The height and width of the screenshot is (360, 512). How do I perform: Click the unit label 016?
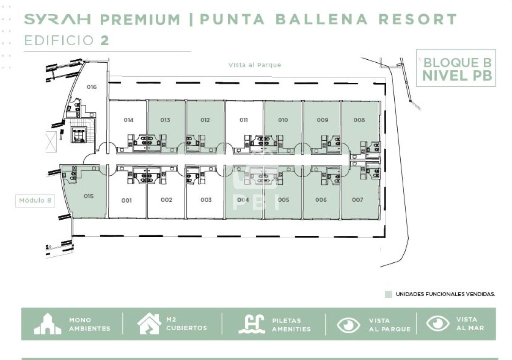[x=92, y=87]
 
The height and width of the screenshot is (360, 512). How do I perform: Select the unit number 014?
[x=128, y=120]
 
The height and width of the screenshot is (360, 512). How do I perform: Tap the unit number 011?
[x=244, y=120]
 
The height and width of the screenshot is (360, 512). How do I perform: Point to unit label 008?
[x=359, y=120]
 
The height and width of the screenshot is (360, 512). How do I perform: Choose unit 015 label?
[x=89, y=196]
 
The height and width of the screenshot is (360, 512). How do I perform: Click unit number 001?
[x=126, y=200]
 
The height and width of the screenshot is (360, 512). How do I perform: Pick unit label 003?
[x=206, y=200]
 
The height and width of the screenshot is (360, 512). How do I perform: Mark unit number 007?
[x=358, y=200]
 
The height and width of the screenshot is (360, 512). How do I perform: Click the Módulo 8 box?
[x=35, y=201]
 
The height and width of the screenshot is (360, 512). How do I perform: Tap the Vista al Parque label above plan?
[x=255, y=65]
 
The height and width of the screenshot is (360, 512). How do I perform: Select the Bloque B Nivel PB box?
[x=456, y=68]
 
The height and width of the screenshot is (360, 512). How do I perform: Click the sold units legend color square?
[x=388, y=294]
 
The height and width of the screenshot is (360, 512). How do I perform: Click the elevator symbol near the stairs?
[x=79, y=135]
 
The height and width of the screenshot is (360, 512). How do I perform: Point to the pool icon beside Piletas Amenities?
[x=252, y=324]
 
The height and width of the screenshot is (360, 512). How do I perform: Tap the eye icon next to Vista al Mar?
[x=438, y=323]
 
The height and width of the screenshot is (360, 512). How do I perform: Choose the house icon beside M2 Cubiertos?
[x=149, y=324]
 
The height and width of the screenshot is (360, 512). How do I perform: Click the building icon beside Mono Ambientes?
[x=48, y=324]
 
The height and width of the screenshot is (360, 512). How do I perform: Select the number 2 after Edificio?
[x=105, y=41]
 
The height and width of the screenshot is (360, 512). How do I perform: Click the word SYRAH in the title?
[x=58, y=19]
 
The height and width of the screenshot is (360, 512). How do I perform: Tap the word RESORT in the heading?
[x=418, y=19]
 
